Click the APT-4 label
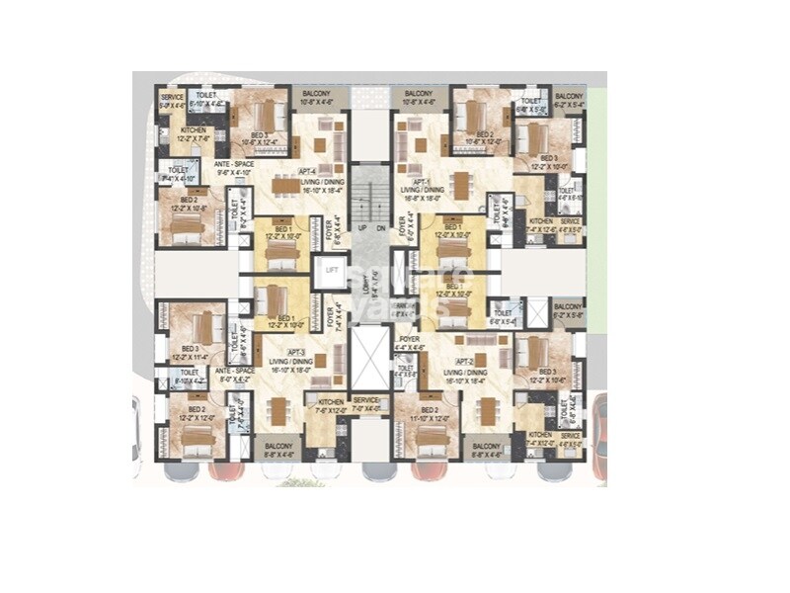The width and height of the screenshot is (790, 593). coord(307,171)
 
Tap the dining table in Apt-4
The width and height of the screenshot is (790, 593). coord(286,185)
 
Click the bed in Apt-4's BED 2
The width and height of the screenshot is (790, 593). coord(186,229)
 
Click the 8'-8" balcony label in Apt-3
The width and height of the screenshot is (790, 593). coord(279,451)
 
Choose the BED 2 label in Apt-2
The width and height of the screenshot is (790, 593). coord(430,408)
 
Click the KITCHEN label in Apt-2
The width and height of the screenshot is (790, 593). coord(540,435)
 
